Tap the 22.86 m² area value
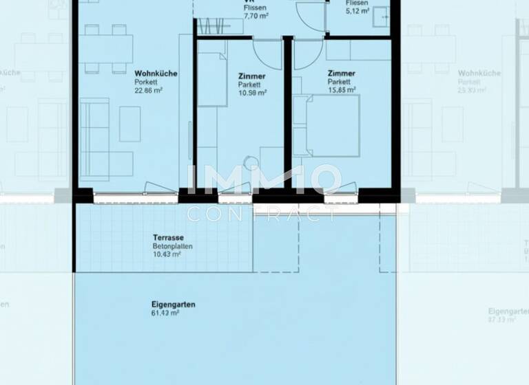(x=148, y=90)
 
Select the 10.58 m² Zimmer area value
(x=252, y=92)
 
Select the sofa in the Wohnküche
(x=94, y=139)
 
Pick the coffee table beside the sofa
(x=129, y=124)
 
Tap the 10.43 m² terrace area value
(x=167, y=254)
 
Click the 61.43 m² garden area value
(x=165, y=313)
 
